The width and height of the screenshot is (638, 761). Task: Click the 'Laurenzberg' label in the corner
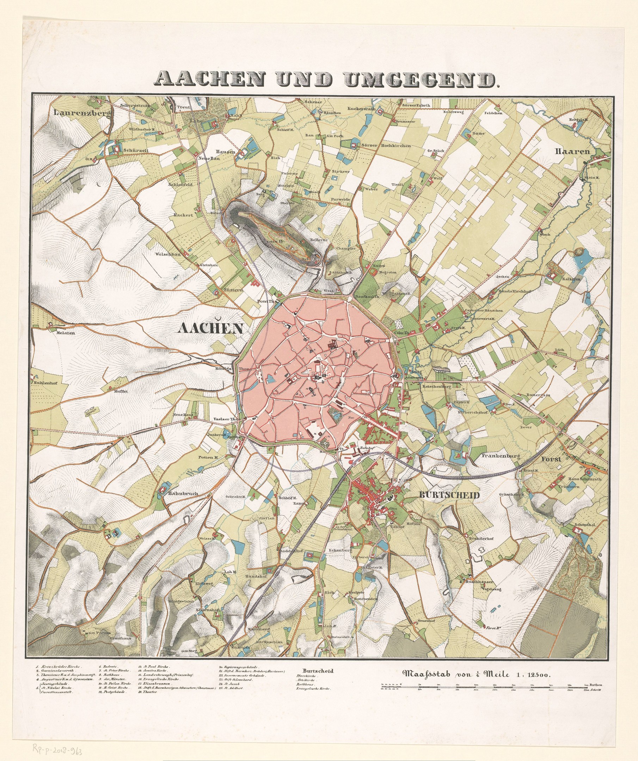[x=83, y=113]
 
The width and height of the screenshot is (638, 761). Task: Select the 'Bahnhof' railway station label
[x=366, y=448]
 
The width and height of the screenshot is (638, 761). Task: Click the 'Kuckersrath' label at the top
[x=361, y=109]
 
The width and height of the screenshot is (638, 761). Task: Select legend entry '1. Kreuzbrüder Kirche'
[x=59, y=666]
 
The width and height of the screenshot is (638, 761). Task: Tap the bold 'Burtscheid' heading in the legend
[x=315, y=671]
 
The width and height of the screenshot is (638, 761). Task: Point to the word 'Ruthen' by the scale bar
[x=596, y=685]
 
